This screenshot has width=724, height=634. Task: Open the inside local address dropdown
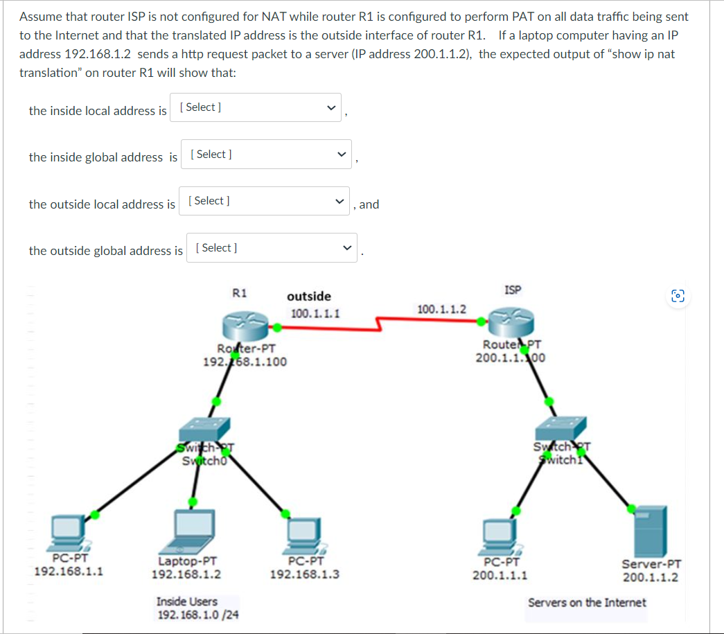coord(255,107)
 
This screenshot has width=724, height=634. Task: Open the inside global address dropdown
coord(266,155)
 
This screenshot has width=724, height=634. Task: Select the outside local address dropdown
coord(264,201)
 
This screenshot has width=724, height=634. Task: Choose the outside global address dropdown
coord(271,248)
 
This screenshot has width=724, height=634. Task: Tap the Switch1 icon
coord(561,428)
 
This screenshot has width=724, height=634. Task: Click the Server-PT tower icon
coord(651,531)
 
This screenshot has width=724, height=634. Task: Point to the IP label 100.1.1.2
coord(442,308)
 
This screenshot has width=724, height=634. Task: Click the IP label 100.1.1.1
coord(315,313)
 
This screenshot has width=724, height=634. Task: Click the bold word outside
coord(309,297)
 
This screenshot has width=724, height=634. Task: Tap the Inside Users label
coord(186,601)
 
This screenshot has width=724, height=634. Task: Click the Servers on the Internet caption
coord(586,602)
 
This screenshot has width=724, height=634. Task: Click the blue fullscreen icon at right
coord(678,297)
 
